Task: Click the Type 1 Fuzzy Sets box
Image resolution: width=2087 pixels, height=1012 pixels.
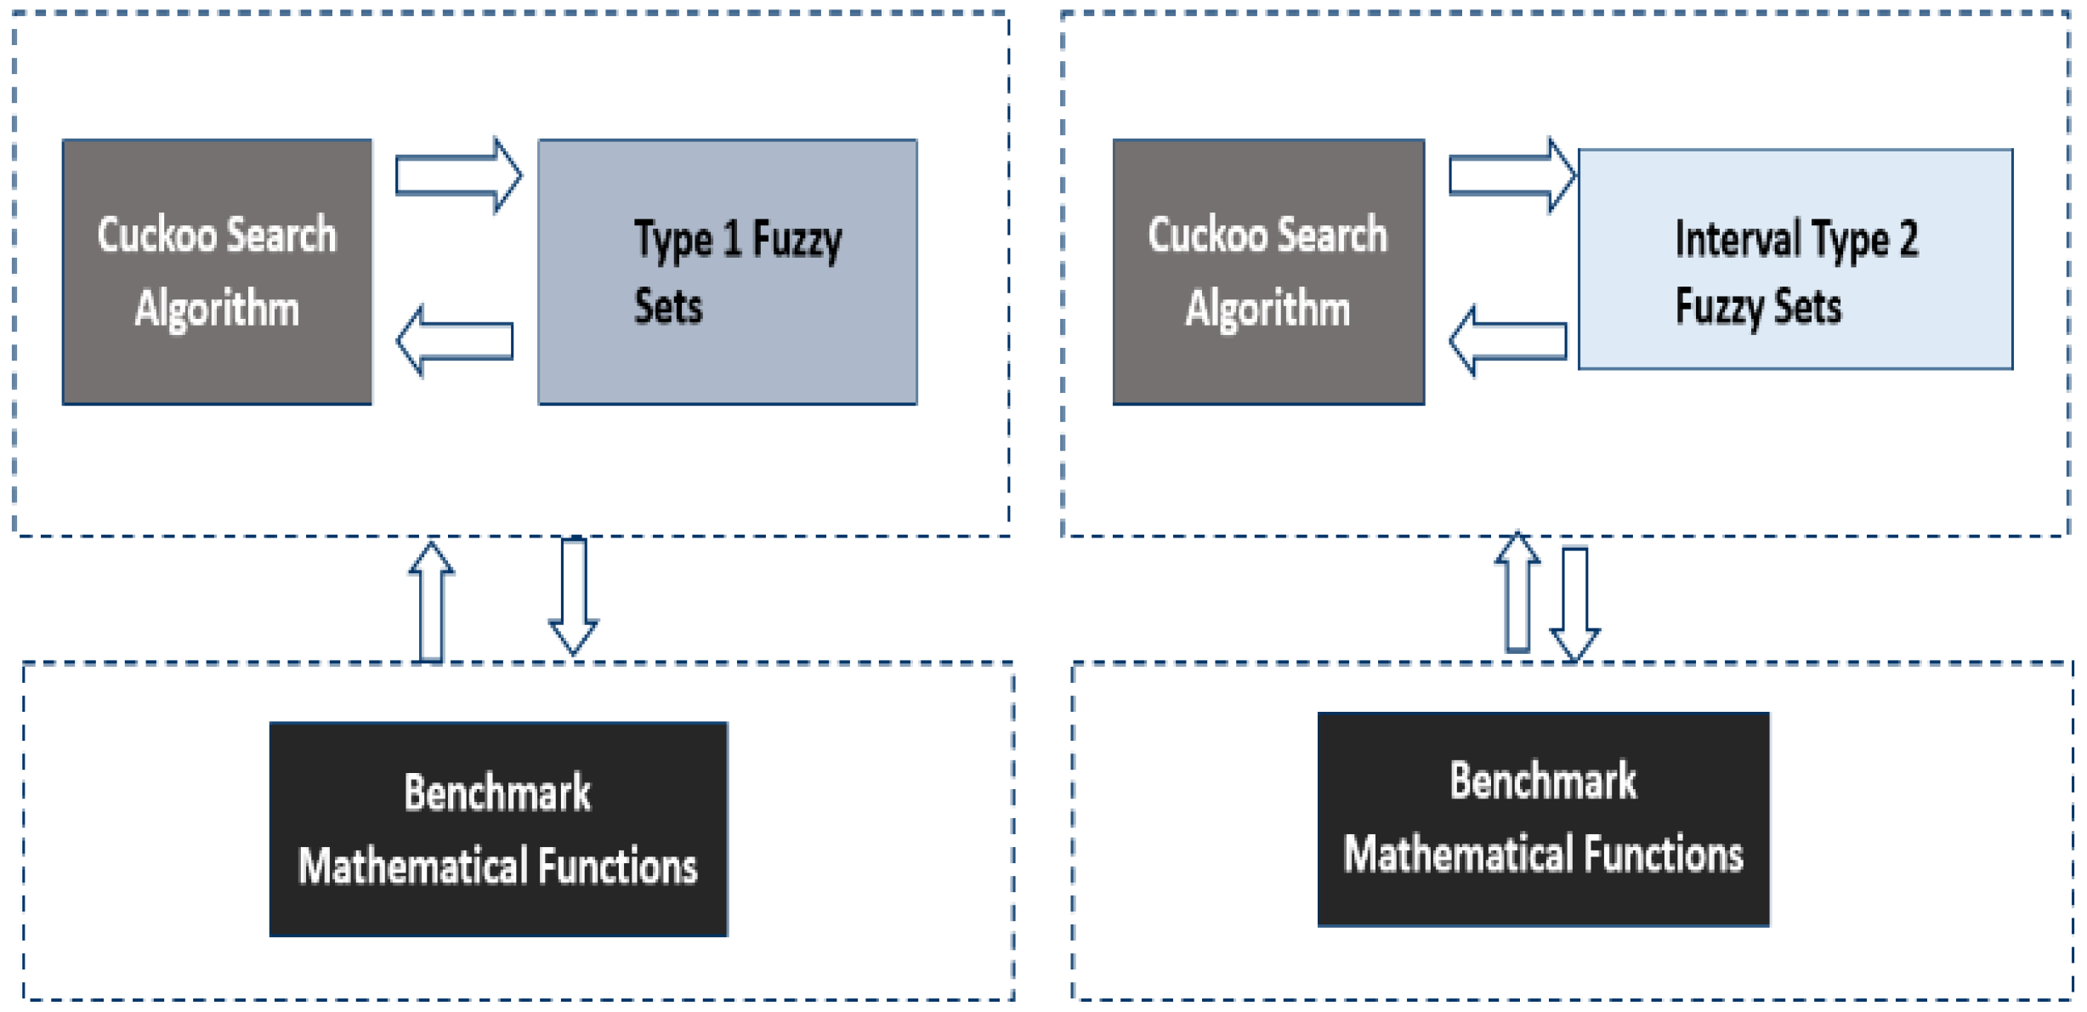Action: click(728, 272)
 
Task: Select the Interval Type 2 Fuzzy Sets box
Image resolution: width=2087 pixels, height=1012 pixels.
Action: click(1795, 259)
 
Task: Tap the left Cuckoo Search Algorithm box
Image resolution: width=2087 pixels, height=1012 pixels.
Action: click(217, 272)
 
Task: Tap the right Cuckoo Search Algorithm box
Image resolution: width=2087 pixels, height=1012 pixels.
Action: click(1268, 272)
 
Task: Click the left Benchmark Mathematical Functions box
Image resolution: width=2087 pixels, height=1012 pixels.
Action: click(498, 829)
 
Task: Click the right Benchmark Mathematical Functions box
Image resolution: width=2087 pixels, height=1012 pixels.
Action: click(1543, 819)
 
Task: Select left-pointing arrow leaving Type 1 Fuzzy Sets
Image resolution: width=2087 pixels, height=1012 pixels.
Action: click(456, 341)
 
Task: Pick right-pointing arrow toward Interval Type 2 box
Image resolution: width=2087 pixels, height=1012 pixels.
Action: click(1511, 176)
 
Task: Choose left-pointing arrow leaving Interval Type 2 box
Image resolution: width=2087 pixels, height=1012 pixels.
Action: click(1508, 341)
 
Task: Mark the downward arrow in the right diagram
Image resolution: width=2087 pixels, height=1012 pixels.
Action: click(1575, 605)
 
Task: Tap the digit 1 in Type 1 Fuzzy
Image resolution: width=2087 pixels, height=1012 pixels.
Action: click(732, 239)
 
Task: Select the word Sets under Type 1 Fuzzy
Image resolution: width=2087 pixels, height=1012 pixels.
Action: click(668, 306)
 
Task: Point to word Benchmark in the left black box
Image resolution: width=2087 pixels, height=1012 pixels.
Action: click(497, 793)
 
